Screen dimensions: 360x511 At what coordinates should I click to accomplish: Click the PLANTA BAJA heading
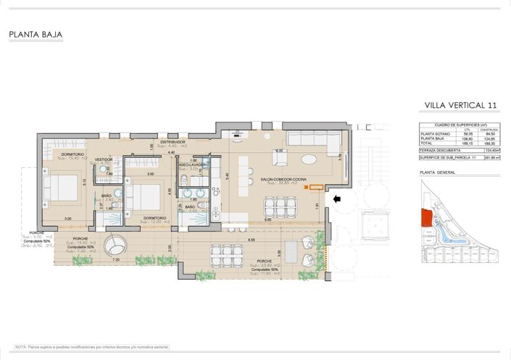tap(36, 34)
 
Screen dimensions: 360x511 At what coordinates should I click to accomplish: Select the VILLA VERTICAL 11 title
tap(461, 106)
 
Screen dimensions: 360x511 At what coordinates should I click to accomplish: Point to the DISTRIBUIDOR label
tap(174, 142)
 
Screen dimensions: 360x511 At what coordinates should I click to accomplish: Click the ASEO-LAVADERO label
tap(194, 164)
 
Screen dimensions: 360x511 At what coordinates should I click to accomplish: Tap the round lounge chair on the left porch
tap(115, 246)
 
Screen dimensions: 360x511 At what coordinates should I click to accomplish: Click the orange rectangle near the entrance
tap(315, 188)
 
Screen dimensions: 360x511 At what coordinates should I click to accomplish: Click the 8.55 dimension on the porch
tap(252, 239)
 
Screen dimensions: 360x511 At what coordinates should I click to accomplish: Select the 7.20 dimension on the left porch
tap(116, 259)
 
